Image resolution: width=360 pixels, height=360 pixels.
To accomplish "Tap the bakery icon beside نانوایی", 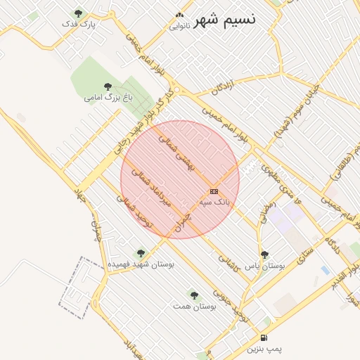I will click(x=179, y=15).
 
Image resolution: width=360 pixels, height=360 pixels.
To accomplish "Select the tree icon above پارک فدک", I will click(x=78, y=13).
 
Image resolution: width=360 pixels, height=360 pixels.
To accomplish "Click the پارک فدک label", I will click(x=78, y=24).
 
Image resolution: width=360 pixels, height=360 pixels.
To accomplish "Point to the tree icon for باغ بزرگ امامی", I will click(x=108, y=86).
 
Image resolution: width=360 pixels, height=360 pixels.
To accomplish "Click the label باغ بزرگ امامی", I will click(x=108, y=97).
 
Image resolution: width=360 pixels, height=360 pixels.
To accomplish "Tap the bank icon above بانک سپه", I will click(x=214, y=191).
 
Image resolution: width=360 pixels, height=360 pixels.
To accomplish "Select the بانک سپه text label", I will click(x=214, y=202).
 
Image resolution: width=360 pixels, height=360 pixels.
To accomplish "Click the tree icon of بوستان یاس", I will click(x=264, y=255).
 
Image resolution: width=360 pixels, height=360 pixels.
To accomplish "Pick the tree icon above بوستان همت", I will click(x=194, y=295).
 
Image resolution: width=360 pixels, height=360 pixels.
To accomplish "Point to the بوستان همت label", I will click(x=194, y=307).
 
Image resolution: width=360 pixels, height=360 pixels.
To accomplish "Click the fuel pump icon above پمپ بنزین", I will click(x=264, y=337).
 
